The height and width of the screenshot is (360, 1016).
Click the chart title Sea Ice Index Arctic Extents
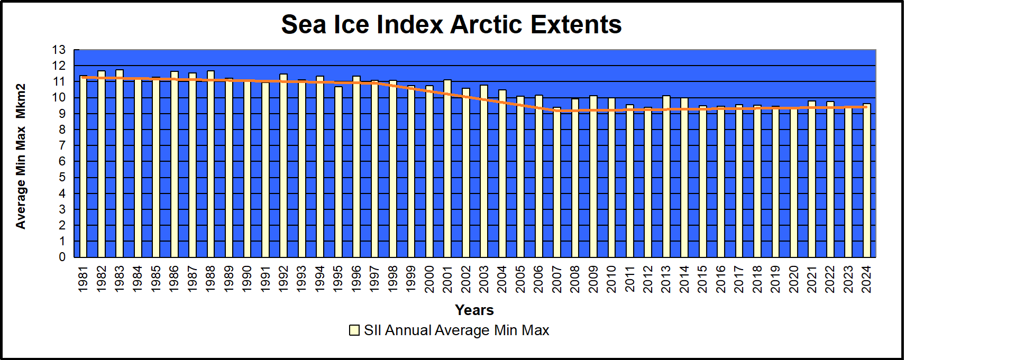(451, 24)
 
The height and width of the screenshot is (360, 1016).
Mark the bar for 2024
(866, 180)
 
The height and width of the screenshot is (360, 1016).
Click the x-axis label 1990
(247, 279)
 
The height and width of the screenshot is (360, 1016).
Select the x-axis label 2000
(429, 279)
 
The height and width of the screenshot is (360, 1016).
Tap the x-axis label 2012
(648, 279)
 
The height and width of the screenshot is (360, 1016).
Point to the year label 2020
(794, 279)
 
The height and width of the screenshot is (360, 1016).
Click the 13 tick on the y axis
(59, 50)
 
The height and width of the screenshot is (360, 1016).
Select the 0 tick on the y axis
(62, 257)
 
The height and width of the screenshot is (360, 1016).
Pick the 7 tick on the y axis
(62, 145)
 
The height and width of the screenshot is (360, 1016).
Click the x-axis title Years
(474, 310)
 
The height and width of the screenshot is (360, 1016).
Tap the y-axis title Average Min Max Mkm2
(21, 156)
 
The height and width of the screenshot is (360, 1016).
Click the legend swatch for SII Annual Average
(354, 330)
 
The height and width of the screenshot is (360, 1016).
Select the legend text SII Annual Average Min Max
(456, 330)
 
